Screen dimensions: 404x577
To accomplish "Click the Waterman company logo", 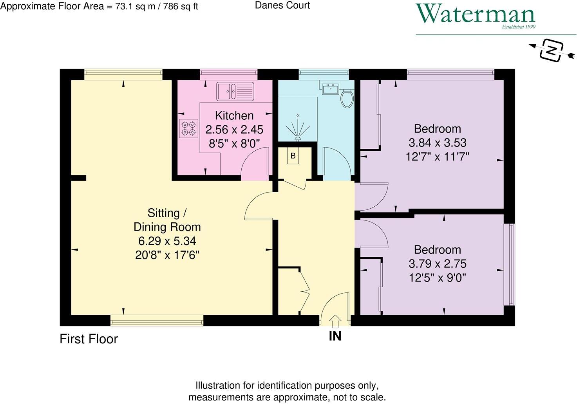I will (475, 16).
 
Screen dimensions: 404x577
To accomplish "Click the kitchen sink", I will (235, 91).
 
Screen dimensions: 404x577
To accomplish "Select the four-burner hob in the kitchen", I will (188, 128).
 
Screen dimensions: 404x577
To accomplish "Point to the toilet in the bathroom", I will (347, 98).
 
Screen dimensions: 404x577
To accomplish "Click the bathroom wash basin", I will (331, 89).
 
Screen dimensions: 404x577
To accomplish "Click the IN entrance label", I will (335, 336).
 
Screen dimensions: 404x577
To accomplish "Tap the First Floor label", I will (89, 339).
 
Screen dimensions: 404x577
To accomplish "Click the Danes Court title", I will (282, 5).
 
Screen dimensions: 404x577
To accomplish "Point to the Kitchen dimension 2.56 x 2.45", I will (234, 130).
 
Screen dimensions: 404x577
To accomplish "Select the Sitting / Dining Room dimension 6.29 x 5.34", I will (167, 241).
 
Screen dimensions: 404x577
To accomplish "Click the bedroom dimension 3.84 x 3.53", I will (437, 143).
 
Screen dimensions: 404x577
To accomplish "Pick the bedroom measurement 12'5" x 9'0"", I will (437, 278).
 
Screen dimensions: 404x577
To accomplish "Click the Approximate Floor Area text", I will (99, 6).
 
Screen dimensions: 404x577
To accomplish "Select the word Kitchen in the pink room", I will (234, 115).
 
